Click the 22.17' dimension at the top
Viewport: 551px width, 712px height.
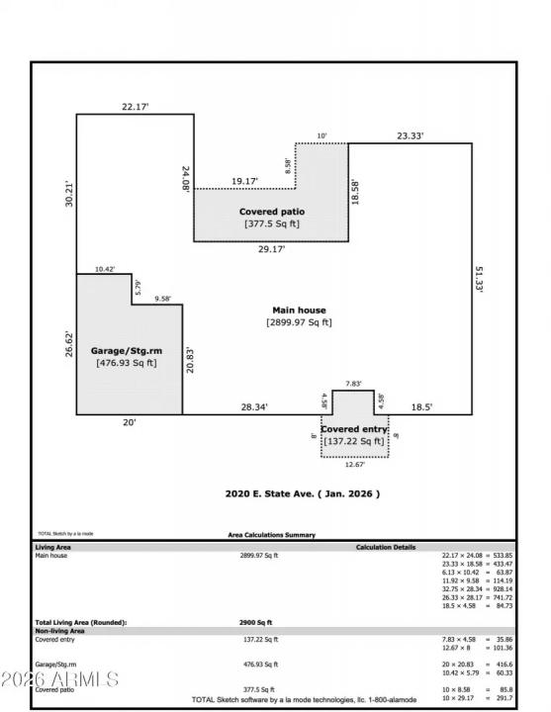coord(136,106)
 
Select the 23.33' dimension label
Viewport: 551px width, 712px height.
coord(412,135)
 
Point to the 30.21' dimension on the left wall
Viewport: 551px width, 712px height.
coord(69,194)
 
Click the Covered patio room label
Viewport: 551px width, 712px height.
coord(271,212)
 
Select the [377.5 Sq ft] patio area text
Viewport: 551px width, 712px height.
coord(271,224)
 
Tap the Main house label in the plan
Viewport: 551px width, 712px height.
coord(299,310)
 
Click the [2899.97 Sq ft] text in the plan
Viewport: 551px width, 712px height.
coord(299,322)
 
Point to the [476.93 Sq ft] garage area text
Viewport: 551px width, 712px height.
coord(127,363)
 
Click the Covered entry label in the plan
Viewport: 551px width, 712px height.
coord(353,429)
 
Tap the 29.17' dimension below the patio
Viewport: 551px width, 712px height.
coord(271,249)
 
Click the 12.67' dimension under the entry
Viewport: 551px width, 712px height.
coord(354,465)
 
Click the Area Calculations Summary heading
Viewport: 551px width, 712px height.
coord(272,535)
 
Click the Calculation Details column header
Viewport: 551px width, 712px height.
coord(386,547)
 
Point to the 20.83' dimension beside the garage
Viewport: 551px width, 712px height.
coord(189,359)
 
